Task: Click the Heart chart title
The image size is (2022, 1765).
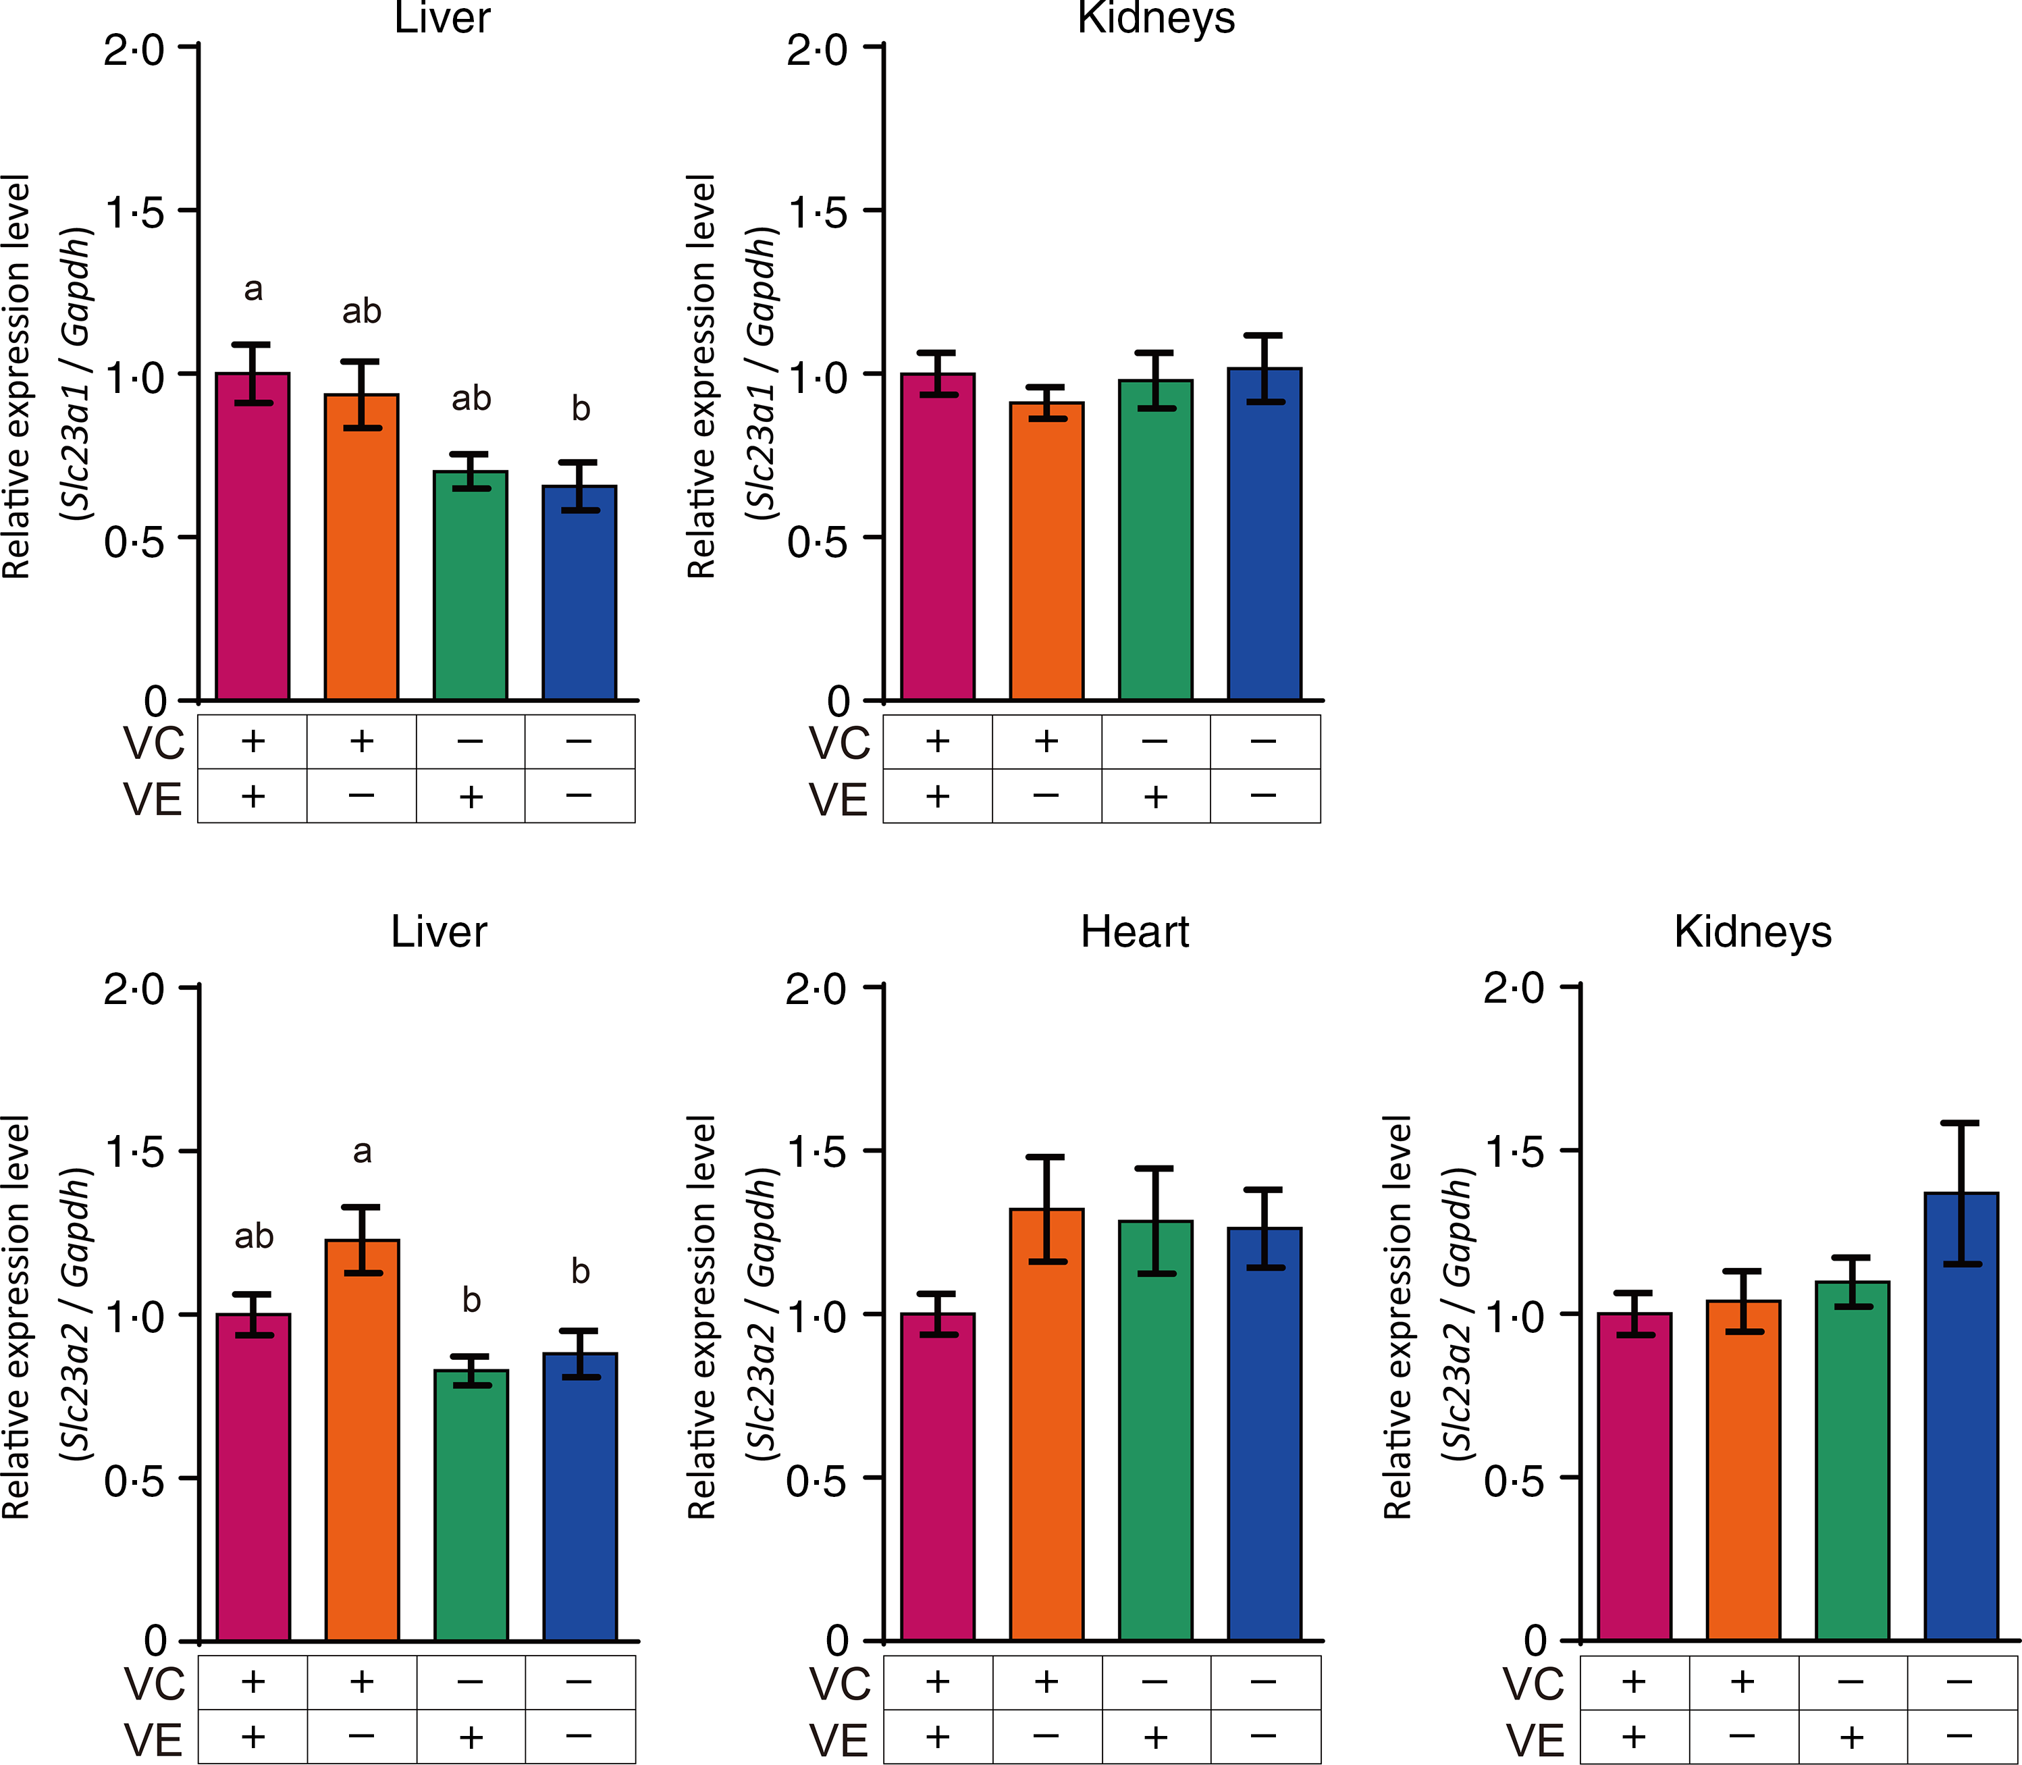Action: tap(1135, 932)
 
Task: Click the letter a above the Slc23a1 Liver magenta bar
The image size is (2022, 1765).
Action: tap(253, 290)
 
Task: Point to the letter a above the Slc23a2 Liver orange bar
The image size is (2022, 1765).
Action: tap(363, 1151)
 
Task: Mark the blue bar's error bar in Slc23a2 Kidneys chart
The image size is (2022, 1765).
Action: tap(1961, 1192)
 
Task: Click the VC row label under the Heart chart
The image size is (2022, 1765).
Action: tap(840, 1684)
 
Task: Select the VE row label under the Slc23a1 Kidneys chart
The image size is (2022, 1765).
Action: tap(838, 799)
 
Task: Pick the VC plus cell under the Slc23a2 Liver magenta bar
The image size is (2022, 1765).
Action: tap(253, 1682)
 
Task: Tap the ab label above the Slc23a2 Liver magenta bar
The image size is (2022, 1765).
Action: tap(253, 1236)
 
